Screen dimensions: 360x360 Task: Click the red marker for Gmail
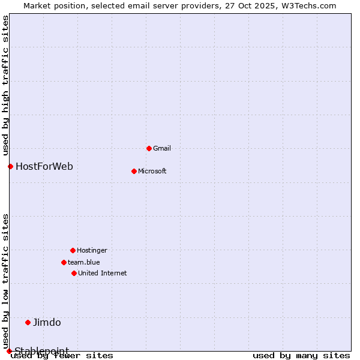[149, 148]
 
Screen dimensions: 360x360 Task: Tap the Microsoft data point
[134, 171]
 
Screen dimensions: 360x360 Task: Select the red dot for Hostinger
[73, 250]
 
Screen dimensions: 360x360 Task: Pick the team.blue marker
[64, 262]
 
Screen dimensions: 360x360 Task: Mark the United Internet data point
[74, 273]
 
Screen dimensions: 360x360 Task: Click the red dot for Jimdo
[28, 322]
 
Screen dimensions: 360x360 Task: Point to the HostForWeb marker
[10, 166]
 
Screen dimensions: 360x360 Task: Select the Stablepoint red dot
[9, 351]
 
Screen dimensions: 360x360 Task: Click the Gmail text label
[162, 148]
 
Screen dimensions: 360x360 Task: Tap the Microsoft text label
[152, 171]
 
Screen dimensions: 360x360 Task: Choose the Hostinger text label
[92, 250]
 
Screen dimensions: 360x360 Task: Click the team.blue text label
[84, 262]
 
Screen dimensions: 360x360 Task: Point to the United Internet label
[103, 273]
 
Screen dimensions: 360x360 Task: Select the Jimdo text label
[47, 322]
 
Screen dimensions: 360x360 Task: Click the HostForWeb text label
[44, 166]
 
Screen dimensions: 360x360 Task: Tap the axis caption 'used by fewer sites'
[62, 355]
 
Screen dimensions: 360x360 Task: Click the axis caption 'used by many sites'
[301, 355]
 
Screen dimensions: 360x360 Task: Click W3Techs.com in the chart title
[310, 5]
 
